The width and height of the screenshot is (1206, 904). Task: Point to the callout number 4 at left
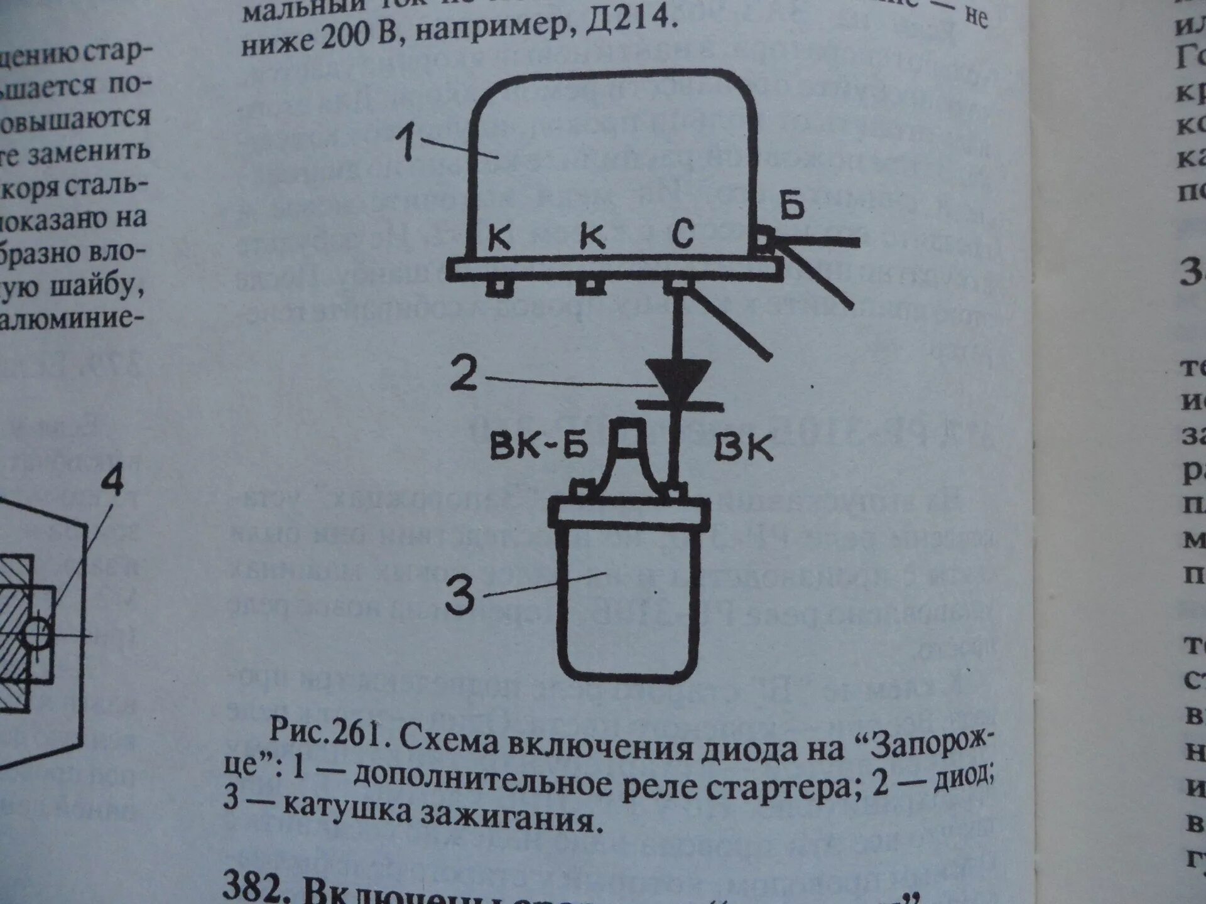(x=113, y=482)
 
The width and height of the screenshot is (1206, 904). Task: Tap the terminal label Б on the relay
(x=792, y=205)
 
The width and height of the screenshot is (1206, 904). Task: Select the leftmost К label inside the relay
(x=499, y=238)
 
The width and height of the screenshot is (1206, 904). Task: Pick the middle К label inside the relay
(x=592, y=237)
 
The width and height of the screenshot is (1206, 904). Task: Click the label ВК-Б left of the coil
(x=538, y=446)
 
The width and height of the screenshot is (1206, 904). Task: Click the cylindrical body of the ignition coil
(x=628, y=603)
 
